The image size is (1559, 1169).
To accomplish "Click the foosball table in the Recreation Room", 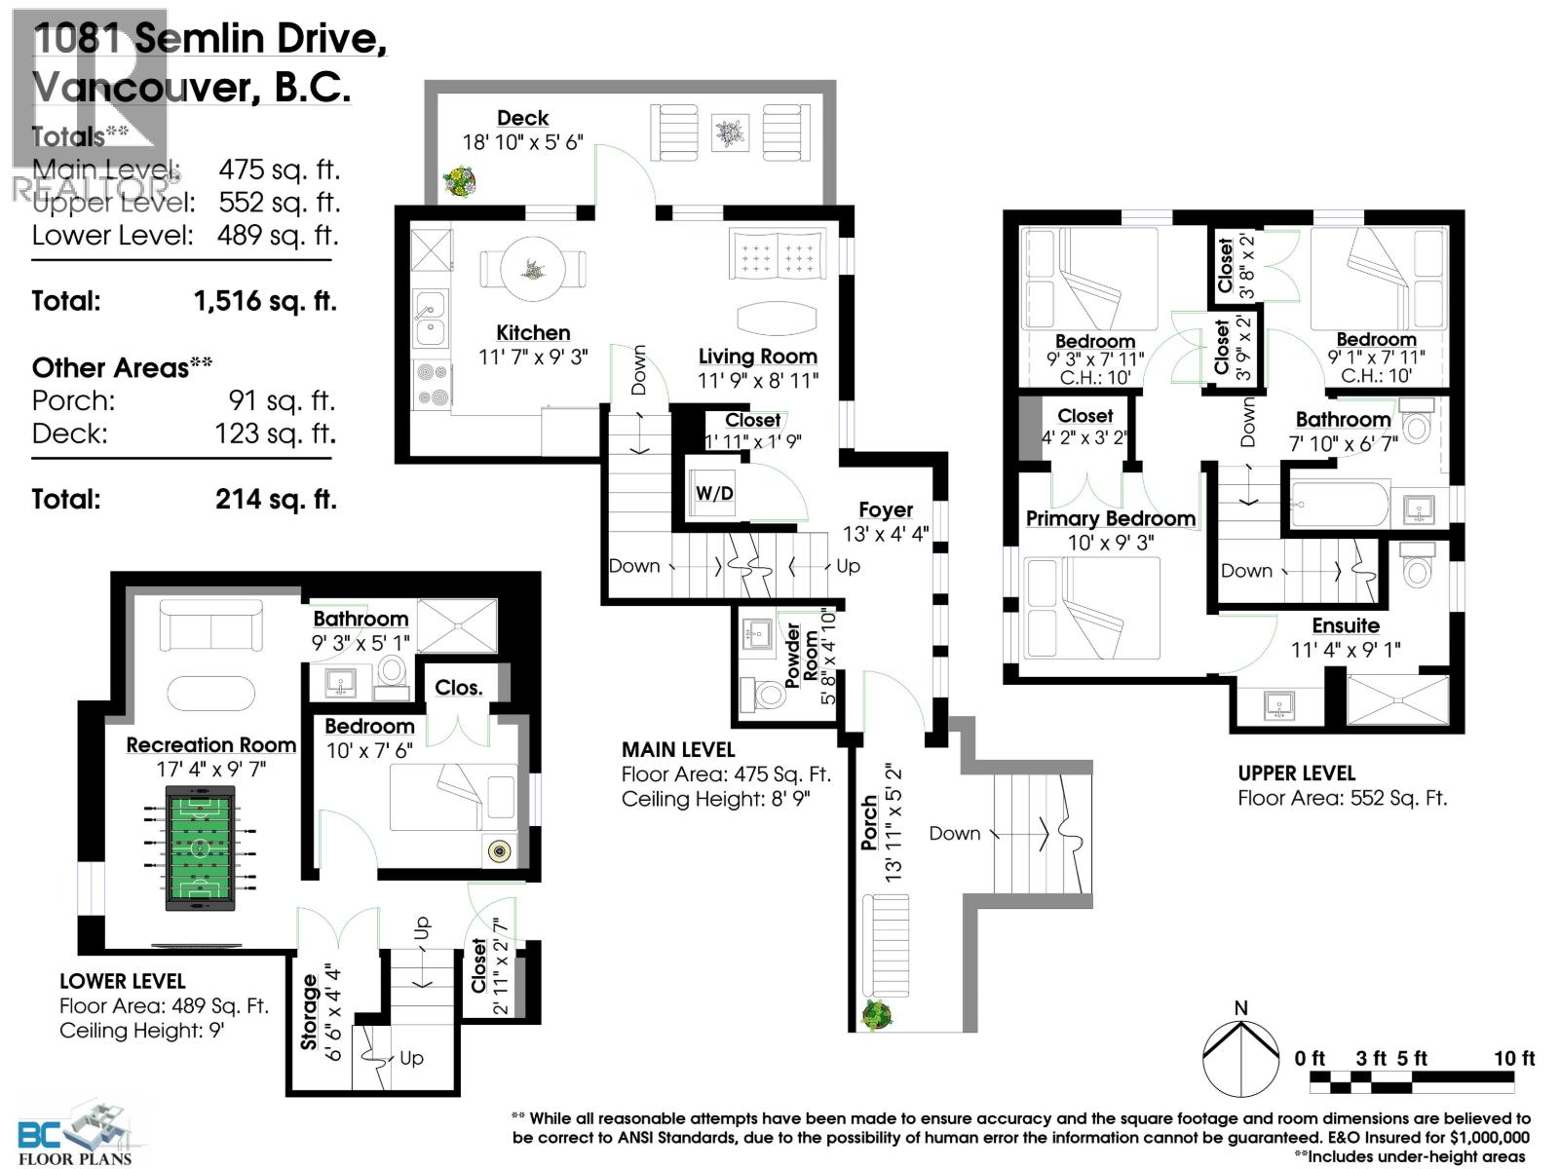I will click(x=200, y=848).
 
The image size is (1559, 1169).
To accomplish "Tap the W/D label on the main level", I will click(x=714, y=493).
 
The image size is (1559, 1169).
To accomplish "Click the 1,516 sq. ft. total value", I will click(x=265, y=301).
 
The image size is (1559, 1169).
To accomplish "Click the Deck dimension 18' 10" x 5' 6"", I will click(x=522, y=142).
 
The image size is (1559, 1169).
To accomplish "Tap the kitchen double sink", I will click(x=429, y=319).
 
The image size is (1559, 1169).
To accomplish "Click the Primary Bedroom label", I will click(x=1110, y=518).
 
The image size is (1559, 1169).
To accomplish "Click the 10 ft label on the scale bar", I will click(x=1513, y=1058).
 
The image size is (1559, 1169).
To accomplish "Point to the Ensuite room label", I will click(x=1345, y=625).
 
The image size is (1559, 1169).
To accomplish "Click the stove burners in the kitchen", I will click(x=430, y=385).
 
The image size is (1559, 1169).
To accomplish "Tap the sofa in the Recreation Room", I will click(x=211, y=625).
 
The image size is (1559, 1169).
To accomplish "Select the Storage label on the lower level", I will click(x=310, y=1012).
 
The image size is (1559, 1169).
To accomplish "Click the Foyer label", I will click(x=885, y=509).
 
